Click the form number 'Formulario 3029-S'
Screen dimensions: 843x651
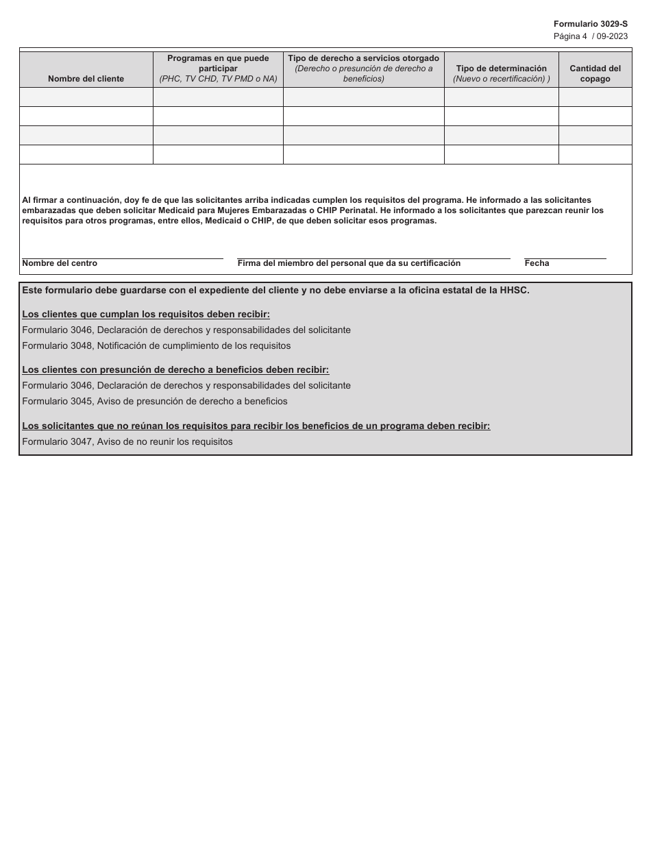coord(590,24)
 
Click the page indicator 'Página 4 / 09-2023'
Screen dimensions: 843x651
coord(590,36)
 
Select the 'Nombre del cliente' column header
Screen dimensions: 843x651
coord(86,79)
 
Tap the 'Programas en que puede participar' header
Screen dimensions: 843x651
coord(218,69)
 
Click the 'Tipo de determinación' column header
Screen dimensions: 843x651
coord(501,73)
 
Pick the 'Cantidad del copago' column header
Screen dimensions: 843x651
coord(595,73)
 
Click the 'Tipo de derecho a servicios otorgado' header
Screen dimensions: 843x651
coord(363,69)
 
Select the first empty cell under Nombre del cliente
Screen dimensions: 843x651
coord(86,97)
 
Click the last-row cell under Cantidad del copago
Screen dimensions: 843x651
coord(595,155)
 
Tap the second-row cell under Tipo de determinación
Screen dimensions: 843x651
coord(501,117)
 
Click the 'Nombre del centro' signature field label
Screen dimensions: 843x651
coord(60,263)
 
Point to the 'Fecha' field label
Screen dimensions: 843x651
coord(537,263)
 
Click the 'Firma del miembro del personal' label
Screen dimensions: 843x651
coord(349,263)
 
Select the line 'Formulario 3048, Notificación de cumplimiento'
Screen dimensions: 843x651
coord(156,346)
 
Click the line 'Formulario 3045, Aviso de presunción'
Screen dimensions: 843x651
coord(155,402)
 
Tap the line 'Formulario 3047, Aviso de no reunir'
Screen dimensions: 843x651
coord(127,442)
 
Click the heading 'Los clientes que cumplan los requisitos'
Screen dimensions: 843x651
coord(146,315)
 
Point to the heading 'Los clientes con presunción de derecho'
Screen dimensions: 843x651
coord(175,370)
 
